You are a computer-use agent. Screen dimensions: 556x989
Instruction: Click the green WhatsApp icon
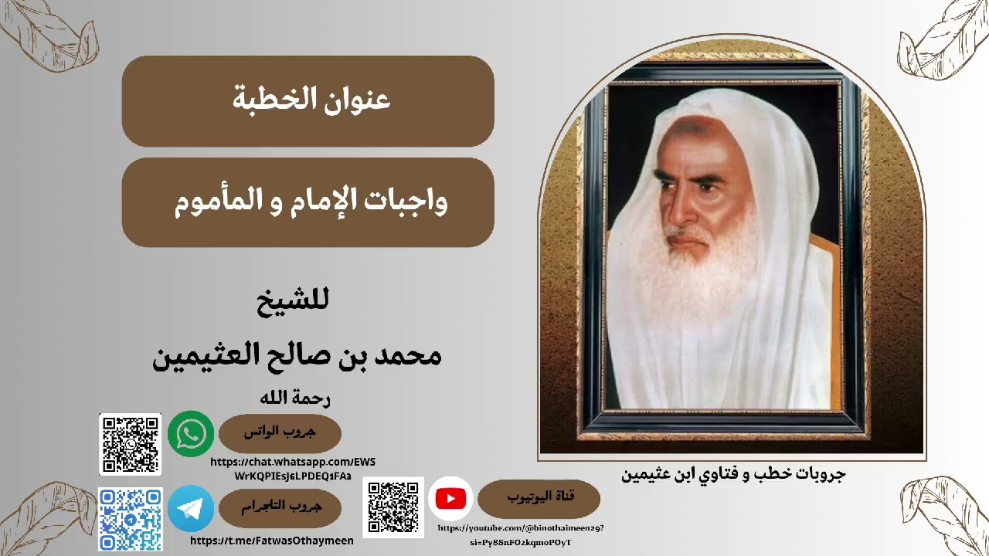tap(191, 433)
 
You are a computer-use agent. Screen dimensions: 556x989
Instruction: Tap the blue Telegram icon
tap(191, 507)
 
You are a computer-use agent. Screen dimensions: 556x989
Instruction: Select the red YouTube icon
tap(450, 499)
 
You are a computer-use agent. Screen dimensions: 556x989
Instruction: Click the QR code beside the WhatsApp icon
tap(130, 444)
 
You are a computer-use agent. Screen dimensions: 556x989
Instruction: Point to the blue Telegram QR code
tap(130, 519)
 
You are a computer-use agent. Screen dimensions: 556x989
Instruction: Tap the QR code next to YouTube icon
tap(393, 507)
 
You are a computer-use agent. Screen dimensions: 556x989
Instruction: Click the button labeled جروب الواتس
tap(280, 433)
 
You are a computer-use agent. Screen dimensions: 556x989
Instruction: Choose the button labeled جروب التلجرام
tap(280, 507)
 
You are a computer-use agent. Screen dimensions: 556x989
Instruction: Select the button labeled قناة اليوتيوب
tap(539, 497)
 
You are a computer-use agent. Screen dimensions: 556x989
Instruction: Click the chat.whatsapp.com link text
tap(293, 469)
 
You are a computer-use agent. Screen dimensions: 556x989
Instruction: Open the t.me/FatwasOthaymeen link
tap(271, 541)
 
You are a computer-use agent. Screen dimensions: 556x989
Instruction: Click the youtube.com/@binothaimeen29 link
tap(521, 535)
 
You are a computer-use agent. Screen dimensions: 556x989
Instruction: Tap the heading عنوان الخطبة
tap(311, 100)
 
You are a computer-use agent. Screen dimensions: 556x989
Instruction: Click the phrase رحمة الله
tap(296, 398)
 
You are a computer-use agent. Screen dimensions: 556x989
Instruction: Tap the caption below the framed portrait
tap(733, 473)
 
